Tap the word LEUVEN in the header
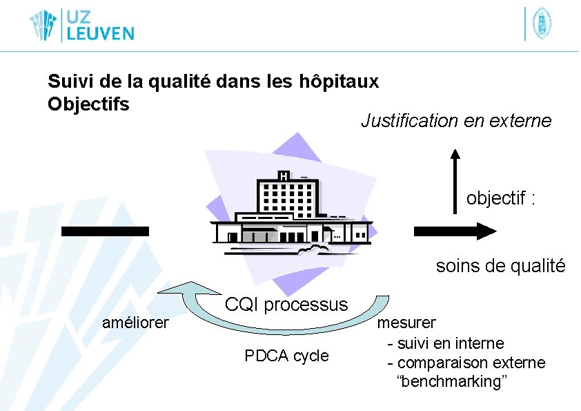[99, 33]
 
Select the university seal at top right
[542, 23]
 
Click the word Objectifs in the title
[88, 104]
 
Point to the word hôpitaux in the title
[339, 82]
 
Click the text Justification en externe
[456, 121]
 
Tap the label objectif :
[501, 198]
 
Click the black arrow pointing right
[455, 231]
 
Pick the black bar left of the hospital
[105, 231]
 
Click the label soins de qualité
[500, 266]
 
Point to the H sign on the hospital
[284, 177]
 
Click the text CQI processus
[286, 304]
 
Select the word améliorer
[135, 323]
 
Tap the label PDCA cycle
[286, 356]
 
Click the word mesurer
[406, 323]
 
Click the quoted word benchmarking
[452, 381]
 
